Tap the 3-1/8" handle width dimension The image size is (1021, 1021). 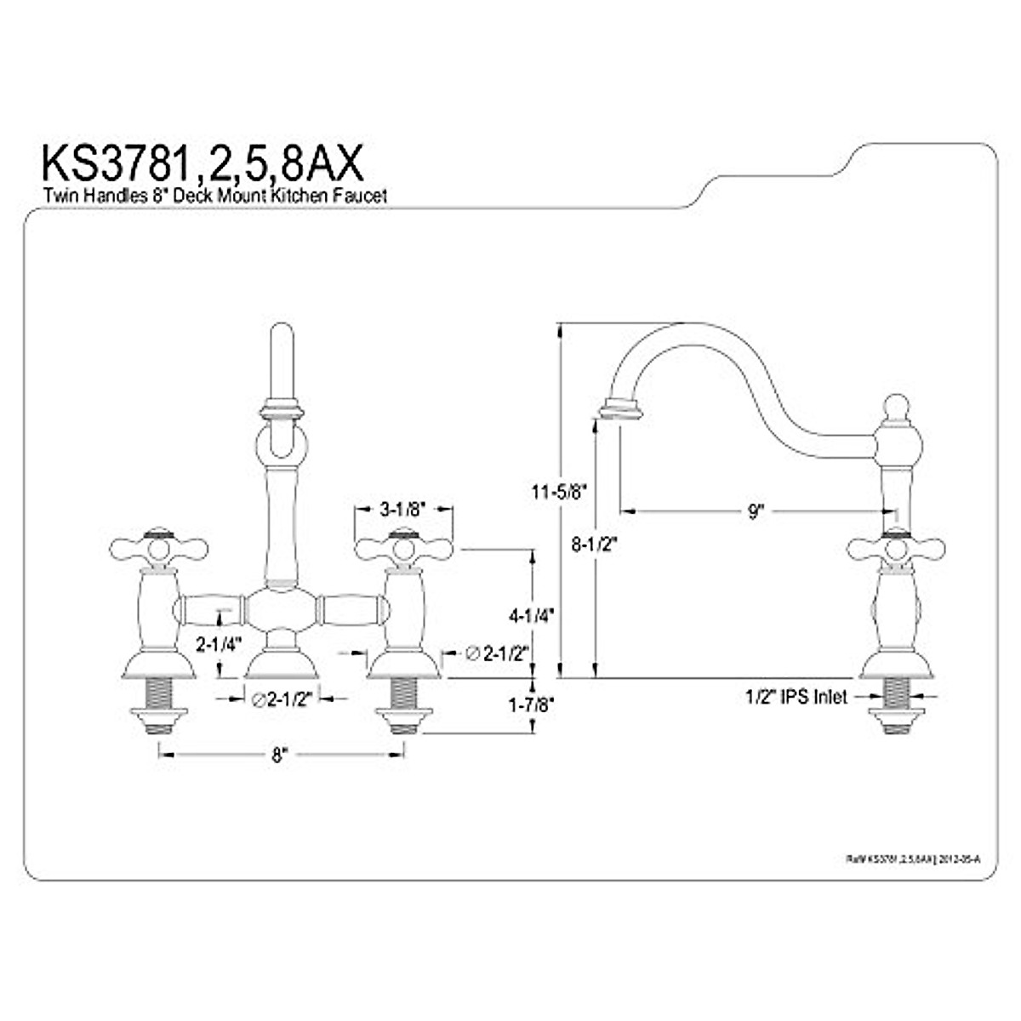[x=402, y=510]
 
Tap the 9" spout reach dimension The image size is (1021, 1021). [x=756, y=510]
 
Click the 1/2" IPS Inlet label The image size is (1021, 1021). [x=796, y=697]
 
